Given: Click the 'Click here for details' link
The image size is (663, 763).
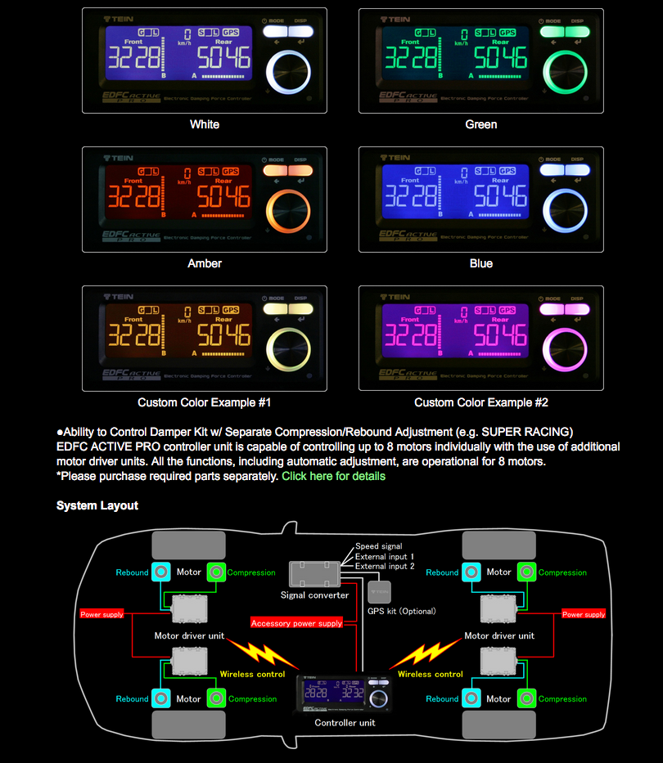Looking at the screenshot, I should coord(333,476).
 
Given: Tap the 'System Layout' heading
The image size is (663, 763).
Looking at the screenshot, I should coord(97,505).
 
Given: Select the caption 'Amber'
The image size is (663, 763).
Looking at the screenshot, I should coord(205,263).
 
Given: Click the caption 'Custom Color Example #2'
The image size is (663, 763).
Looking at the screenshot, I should coord(481,402).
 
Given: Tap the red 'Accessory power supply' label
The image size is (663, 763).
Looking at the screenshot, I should coord(296,623).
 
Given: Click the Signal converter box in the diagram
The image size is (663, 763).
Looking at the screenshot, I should coord(315,574).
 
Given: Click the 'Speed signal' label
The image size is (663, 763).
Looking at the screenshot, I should coord(379,546).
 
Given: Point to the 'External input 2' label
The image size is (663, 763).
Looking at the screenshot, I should coord(385,566).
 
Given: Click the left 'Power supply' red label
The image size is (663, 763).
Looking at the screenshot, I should coord(101,614).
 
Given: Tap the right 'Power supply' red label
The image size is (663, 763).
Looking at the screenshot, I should coord(584,614).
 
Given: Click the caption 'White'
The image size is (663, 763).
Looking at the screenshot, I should coord(205,124).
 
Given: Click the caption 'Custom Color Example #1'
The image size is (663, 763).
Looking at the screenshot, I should coord(205,402).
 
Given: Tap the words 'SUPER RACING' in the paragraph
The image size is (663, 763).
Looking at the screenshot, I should coord(531,431).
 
